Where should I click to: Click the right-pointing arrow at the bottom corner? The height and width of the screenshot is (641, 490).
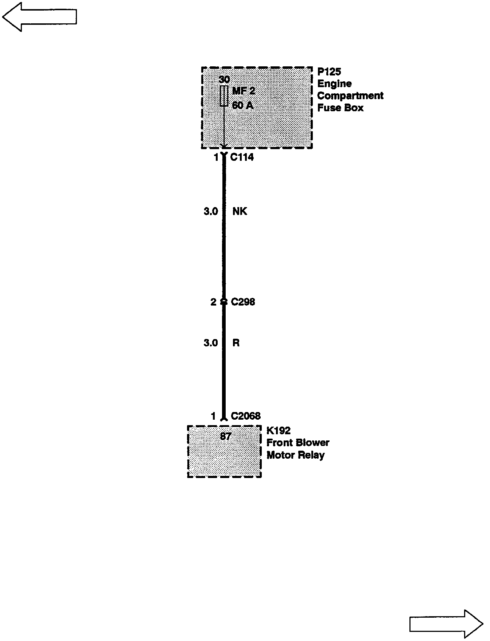point(446,624)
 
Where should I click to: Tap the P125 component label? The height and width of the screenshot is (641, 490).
point(329,71)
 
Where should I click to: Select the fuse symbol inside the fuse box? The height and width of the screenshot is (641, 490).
point(224,96)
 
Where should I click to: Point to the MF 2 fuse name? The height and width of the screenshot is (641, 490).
point(243,91)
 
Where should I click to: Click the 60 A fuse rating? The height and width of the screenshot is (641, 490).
point(242,105)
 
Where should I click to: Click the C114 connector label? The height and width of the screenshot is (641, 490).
point(242,158)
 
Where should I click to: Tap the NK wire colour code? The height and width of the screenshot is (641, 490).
point(240,211)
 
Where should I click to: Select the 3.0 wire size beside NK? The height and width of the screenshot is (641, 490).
point(210,211)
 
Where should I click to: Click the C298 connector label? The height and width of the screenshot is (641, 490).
point(243,302)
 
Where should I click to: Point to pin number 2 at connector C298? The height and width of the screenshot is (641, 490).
point(213,302)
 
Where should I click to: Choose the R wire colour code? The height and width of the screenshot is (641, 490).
point(236,343)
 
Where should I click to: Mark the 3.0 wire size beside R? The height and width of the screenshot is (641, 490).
point(210,343)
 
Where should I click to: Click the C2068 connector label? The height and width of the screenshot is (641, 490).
point(246,416)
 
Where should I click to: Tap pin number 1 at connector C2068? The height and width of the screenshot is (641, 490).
point(213,416)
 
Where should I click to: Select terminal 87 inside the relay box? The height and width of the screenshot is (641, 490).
point(226,436)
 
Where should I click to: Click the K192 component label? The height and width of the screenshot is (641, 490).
point(279,431)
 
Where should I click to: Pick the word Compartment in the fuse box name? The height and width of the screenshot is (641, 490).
point(350,96)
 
